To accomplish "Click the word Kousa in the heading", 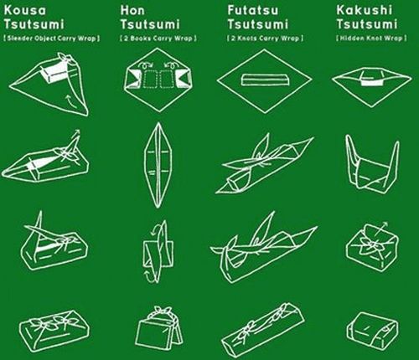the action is tap(25, 10).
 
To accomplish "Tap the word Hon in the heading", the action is tap(132, 10).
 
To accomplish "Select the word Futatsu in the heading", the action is tap(253, 10).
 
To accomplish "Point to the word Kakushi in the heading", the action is tap(365, 10).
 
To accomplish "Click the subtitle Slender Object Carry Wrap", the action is tap(52, 39).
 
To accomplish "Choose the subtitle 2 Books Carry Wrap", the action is tap(158, 39).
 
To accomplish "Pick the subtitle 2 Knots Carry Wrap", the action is tap(265, 39).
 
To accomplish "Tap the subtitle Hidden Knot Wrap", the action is tap(371, 38).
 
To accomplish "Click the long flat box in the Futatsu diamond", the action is tap(264, 80).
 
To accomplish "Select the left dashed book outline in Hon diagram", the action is tap(151, 79).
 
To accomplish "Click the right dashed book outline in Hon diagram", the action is tap(169, 79).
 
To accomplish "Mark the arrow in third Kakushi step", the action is tap(380, 229).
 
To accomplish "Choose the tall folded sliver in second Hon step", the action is tap(158, 165).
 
